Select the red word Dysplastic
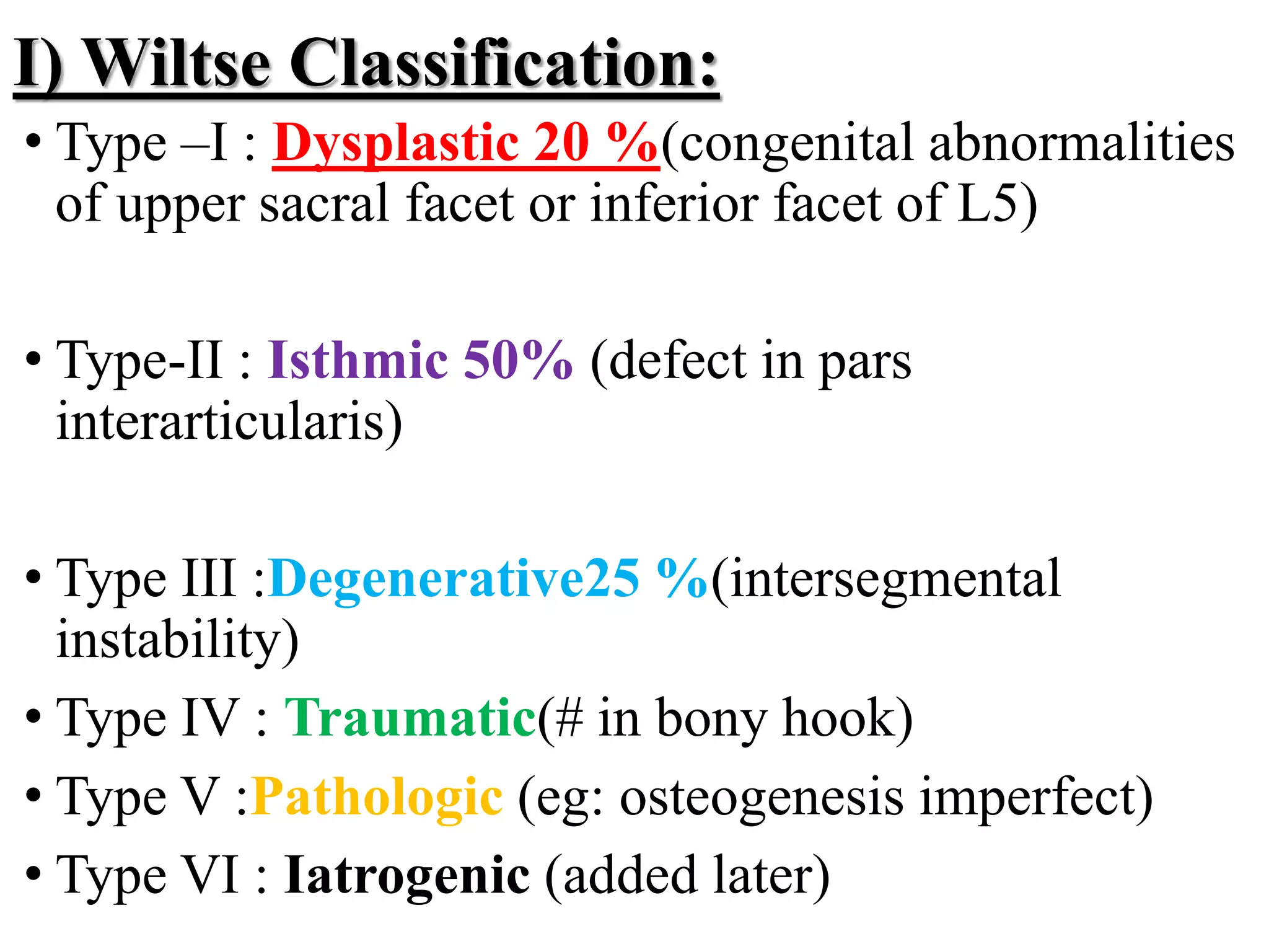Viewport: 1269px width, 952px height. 395,143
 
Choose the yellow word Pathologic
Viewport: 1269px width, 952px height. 377,797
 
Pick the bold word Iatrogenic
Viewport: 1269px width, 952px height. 406,875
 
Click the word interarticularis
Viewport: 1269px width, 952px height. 229,421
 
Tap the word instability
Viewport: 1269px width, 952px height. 177,640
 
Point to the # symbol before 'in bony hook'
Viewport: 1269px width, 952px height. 569,719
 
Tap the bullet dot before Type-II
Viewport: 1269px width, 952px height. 33,359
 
